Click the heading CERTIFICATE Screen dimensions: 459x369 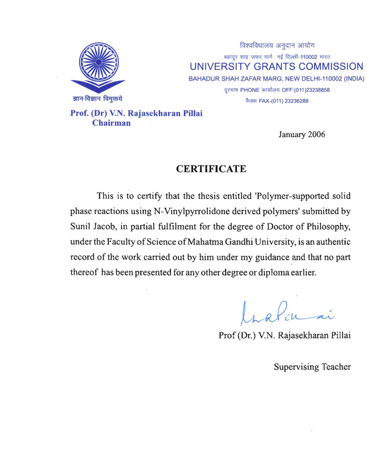tap(211, 169)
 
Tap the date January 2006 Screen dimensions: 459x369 tap(301, 134)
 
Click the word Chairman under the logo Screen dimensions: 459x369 tap(111, 123)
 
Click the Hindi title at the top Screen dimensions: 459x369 tap(277, 46)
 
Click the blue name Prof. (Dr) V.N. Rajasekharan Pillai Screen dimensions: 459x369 tap(136, 113)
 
